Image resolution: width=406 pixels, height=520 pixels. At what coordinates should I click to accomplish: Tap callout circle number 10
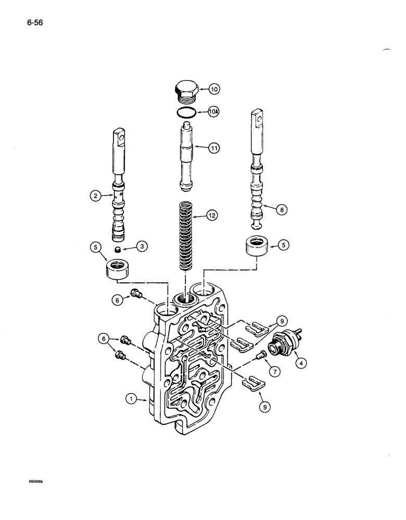[x=214, y=89]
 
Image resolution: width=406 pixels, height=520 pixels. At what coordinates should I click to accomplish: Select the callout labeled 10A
[x=214, y=111]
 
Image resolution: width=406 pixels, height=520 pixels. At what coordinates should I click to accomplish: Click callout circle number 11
[x=214, y=148]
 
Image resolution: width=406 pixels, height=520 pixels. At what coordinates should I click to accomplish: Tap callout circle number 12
[x=214, y=214]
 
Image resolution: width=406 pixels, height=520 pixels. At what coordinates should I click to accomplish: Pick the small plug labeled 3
[x=118, y=250]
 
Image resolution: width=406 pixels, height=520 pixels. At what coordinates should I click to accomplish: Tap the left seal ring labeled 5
[x=118, y=271]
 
